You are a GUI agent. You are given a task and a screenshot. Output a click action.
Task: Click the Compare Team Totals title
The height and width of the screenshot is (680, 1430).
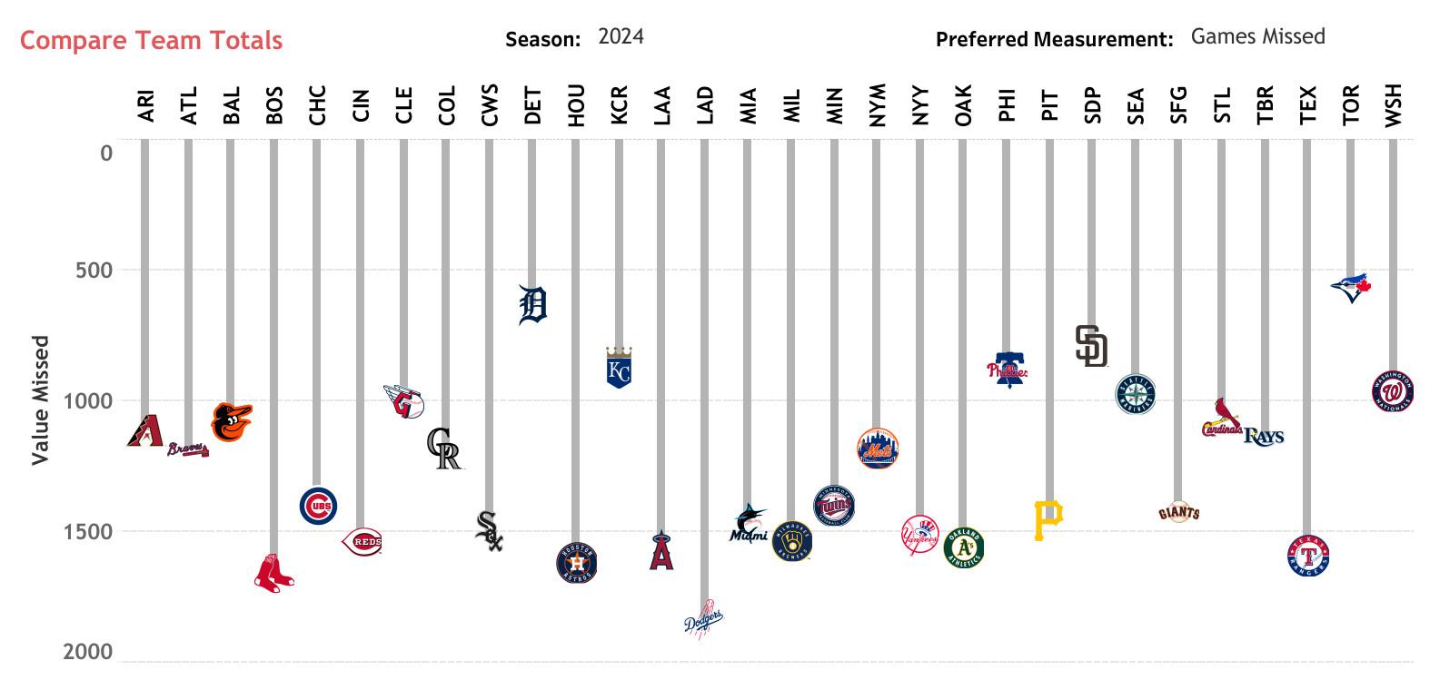point(151,41)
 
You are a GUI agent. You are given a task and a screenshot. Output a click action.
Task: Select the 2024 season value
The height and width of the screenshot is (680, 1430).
point(621,36)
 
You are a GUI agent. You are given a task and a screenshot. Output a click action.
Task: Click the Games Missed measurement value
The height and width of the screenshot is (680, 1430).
point(1257,36)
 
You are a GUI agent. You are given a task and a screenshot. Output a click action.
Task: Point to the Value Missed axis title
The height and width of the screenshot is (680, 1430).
point(40,400)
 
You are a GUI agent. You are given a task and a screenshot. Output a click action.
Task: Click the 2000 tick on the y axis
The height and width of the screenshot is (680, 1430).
point(88,653)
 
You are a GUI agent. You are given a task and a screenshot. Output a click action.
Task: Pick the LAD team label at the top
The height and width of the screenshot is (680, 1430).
point(704,104)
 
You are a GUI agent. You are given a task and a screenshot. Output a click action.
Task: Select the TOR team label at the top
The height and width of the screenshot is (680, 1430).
point(1350,104)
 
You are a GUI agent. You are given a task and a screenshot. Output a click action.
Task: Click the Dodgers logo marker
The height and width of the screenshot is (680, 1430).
point(703,620)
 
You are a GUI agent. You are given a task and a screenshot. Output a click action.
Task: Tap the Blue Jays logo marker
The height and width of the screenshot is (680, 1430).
point(1350,287)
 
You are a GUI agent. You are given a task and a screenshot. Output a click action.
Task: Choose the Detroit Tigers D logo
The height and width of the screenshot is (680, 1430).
point(532,305)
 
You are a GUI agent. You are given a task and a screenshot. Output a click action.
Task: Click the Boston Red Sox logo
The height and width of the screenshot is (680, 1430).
point(273,574)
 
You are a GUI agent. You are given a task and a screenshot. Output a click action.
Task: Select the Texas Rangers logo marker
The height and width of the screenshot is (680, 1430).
point(1308,556)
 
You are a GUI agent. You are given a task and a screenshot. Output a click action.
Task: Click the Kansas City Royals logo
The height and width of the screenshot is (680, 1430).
point(618,368)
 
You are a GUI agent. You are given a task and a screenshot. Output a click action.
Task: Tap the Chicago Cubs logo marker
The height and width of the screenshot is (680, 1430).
point(318,506)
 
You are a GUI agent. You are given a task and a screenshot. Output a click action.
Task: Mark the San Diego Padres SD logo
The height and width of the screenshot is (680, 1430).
point(1091,346)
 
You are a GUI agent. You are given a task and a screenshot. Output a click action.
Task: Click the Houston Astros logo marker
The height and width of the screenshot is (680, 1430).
point(576,563)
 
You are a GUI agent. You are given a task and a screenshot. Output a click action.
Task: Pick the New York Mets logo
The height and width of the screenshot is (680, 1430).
point(877,448)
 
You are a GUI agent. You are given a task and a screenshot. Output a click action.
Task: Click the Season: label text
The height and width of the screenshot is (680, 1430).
point(542,39)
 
